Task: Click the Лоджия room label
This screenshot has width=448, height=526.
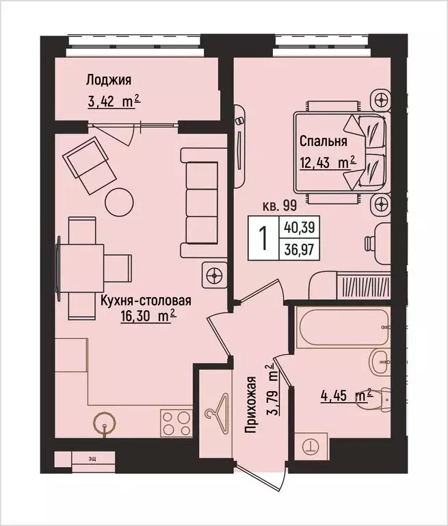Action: [109, 79]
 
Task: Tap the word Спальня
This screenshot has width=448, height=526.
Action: [323, 142]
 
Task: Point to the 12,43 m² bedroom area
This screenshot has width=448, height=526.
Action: [328, 164]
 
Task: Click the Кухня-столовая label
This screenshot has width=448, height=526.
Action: [145, 300]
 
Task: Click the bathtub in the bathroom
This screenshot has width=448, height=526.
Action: [343, 328]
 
